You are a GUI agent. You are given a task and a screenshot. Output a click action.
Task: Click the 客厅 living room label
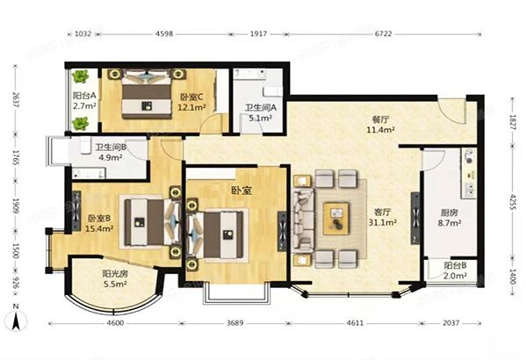point(382,212)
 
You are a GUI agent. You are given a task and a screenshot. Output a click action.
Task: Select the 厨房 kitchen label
point(449,212)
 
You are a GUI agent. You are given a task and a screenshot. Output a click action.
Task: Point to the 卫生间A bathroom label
point(261,108)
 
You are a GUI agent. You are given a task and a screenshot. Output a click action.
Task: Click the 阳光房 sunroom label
point(115,274)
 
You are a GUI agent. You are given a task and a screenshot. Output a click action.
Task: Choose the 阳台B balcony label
point(455,265)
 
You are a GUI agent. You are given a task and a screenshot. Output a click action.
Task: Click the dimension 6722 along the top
point(384,34)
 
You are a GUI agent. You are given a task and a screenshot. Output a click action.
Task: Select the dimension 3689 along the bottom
point(235,323)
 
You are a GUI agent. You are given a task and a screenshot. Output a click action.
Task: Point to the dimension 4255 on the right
point(513,202)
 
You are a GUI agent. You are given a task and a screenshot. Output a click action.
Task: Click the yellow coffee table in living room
point(336,219)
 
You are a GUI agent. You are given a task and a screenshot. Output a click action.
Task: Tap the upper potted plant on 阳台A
point(80,76)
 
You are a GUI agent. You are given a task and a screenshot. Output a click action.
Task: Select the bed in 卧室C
point(146,94)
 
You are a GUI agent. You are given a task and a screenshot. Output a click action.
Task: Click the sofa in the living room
point(302,220)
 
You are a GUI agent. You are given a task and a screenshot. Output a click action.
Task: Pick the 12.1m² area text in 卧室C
point(191,107)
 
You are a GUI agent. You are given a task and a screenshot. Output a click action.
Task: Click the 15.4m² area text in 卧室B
point(98,228)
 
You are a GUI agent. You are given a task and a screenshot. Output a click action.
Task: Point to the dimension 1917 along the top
point(258,34)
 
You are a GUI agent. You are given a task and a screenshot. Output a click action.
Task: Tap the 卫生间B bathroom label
point(111,148)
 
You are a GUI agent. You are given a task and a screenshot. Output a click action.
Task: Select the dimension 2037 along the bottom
point(451,323)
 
